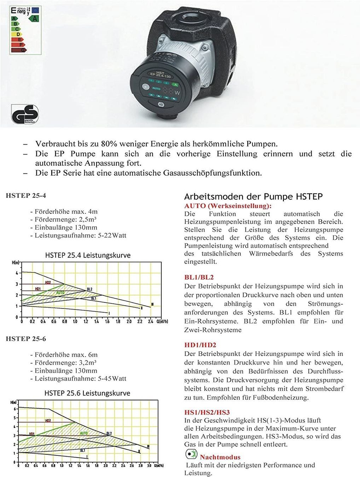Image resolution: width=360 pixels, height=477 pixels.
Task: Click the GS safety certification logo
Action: coord(24,114)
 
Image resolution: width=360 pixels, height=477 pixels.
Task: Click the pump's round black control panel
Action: coord(161,88)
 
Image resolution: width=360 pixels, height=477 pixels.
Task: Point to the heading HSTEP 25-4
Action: coord(26,195)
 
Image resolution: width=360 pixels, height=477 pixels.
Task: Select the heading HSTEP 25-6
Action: coord(26,338)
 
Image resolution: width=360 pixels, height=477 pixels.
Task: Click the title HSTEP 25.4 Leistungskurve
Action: coord(88,255)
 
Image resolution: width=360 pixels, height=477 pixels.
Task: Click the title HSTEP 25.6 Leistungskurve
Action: coord(87,393)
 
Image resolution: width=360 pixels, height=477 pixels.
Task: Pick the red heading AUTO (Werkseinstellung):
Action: coord(228,206)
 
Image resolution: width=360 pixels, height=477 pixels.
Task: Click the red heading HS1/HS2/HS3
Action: coord(207,412)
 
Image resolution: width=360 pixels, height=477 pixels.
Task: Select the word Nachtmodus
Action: coord(220,457)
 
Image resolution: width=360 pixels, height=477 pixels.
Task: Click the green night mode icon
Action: coord(191,454)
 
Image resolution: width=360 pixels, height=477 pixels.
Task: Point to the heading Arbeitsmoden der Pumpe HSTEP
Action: coord(253,196)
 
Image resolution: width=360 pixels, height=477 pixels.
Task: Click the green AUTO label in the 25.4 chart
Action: coord(60,293)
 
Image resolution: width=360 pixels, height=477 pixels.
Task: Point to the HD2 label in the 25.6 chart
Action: coord(48,421)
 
